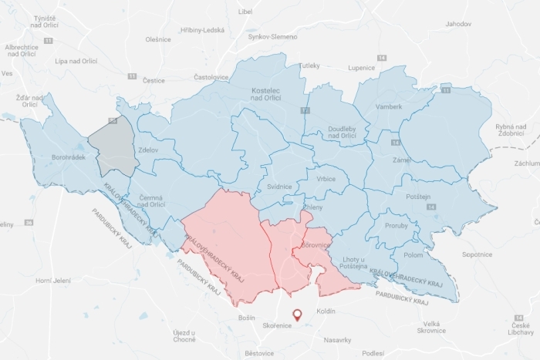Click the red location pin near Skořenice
298,314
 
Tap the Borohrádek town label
67,156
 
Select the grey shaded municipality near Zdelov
113,146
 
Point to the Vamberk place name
389,106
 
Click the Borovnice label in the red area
317,245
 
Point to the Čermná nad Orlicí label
152,201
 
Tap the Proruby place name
396,225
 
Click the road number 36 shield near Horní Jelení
29,222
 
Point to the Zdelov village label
149,149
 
